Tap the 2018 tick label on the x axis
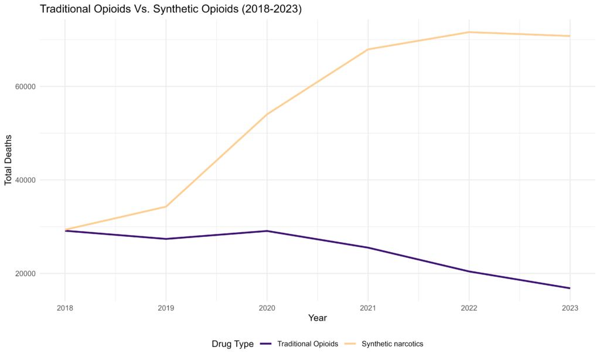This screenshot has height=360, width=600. click(x=64, y=307)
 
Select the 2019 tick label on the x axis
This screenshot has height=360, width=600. click(x=166, y=307)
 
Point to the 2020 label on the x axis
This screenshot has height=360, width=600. click(x=267, y=307)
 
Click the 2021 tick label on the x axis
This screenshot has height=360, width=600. click(x=368, y=307)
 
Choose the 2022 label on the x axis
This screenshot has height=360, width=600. click(x=469, y=307)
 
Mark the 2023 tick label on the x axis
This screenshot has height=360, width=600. click(x=570, y=307)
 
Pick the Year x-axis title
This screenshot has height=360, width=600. click(x=318, y=318)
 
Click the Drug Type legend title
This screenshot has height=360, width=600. click(x=233, y=344)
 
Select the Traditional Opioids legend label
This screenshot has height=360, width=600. click(x=308, y=344)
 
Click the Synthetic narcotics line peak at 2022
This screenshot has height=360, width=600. click(x=469, y=32)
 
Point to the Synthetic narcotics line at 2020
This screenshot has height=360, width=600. click(x=267, y=114)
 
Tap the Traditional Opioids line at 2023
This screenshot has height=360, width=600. click(x=570, y=288)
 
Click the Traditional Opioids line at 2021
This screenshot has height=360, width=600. click(x=368, y=247)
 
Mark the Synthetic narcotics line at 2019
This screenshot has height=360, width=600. click(x=166, y=206)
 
